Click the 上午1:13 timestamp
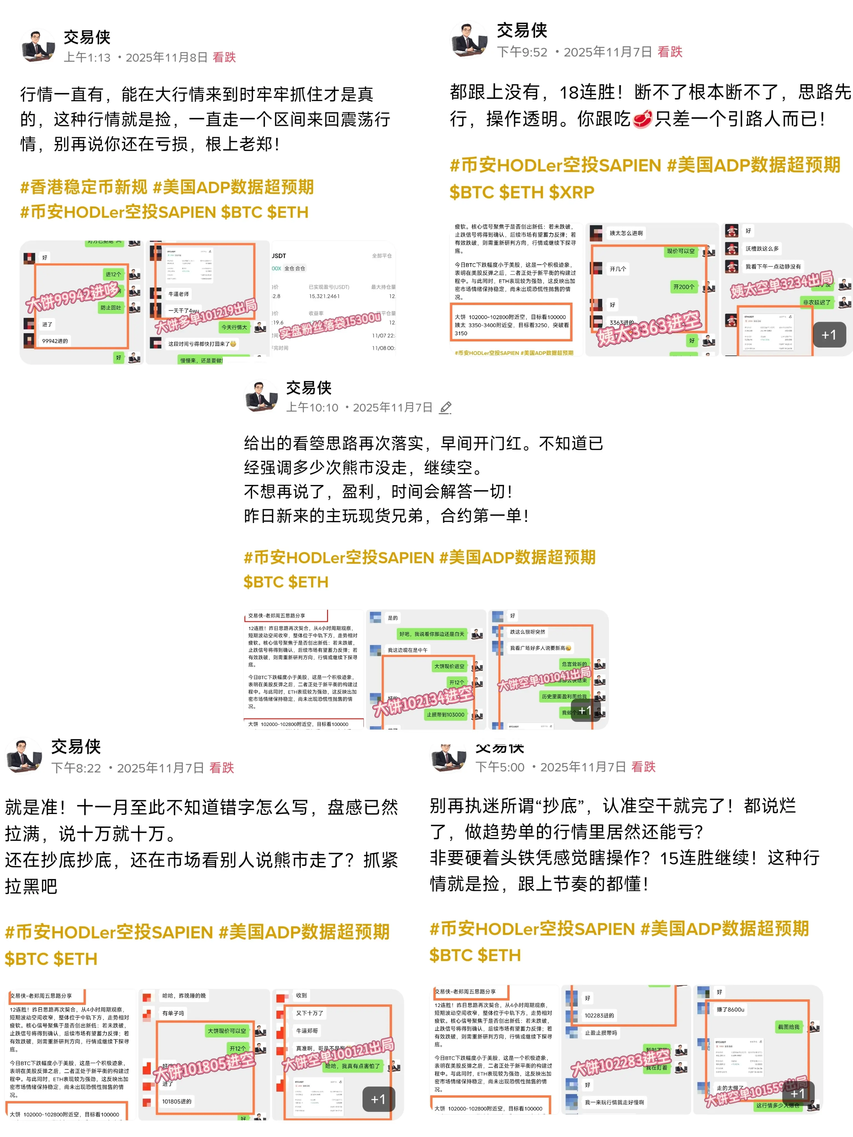[87, 57]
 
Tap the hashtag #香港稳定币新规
[83, 187]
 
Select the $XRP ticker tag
[571, 192]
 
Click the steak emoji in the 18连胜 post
[642, 119]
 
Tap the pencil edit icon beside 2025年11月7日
[445, 407]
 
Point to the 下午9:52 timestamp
[522, 52]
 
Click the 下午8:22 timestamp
[76, 768]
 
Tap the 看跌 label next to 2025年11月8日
[224, 57]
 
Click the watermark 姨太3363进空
[649, 329]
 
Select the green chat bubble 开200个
[683, 287]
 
